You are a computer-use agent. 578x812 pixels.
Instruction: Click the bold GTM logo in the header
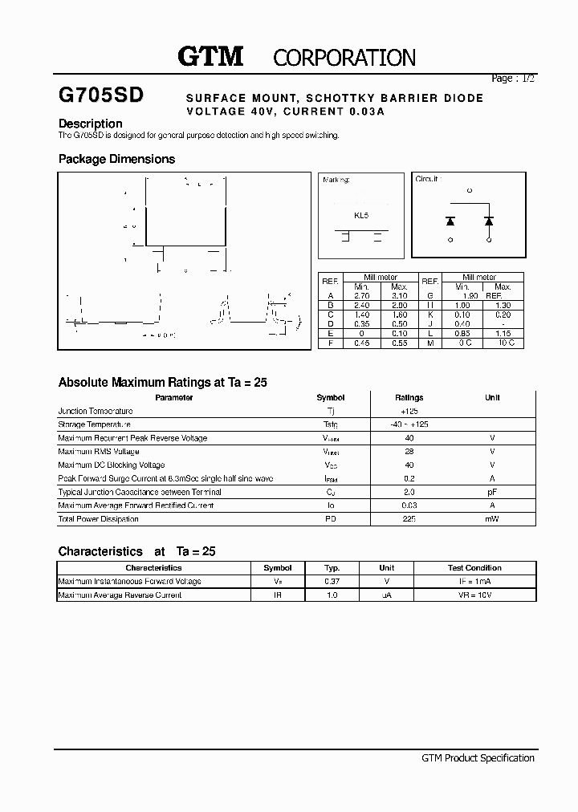coord(210,56)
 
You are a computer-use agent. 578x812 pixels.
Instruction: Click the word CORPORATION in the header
coord(344,58)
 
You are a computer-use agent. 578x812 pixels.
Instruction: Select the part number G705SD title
coord(101,95)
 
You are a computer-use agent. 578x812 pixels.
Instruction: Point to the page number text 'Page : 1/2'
coord(512,79)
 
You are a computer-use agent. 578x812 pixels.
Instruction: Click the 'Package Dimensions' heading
coord(116,159)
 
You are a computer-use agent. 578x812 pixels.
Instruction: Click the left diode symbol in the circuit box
coord(450,220)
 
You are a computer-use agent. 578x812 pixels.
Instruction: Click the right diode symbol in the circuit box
coord(488,220)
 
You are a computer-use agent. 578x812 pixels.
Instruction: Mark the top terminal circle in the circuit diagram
coord(470,190)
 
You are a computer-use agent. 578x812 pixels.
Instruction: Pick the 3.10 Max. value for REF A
coord(399,295)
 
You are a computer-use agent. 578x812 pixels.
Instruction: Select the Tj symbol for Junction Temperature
coord(330,411)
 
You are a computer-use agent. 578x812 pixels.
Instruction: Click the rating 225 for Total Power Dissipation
coord(409,519)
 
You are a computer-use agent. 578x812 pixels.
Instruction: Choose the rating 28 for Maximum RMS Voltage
coord(409,452)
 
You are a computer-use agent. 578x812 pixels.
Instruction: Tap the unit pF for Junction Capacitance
coord(492,492)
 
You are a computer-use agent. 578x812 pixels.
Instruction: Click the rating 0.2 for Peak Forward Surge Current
coord(409,478)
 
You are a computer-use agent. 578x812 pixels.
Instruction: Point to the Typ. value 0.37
coord(332,581)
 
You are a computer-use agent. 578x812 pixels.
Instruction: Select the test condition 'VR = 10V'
coord(474,595)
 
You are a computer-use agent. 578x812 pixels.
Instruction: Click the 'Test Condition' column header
coord(474,567)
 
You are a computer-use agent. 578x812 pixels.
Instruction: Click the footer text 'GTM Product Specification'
coord(478,758)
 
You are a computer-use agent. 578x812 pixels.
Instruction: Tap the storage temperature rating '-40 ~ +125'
coord(409,424)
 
